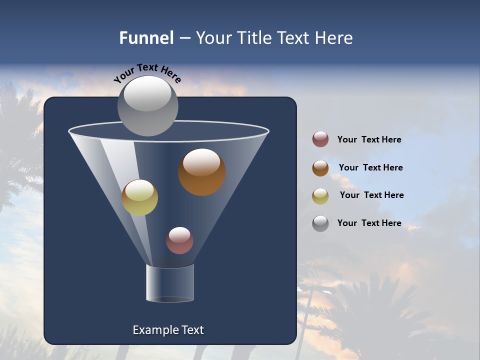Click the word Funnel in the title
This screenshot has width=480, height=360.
click(x=146, y=38)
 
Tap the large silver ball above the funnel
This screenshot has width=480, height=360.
click(x=147, y=106)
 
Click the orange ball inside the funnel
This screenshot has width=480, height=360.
click(x=202, y=172)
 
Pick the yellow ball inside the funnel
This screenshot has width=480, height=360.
click(x=140, y=197)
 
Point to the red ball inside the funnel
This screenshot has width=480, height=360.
click(x=179, y=240)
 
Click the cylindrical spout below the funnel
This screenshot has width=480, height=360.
click(x=170, y=283)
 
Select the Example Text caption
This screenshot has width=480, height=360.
click(x=168, y=330)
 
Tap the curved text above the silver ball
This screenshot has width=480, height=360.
click(x=147, y=72)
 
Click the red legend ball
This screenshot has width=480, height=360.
click(x=320, y=139)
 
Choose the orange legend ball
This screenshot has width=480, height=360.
click(x=320, y=168)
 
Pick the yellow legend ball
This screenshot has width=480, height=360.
click(x=320, y=195)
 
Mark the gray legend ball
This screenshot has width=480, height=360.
click(x=320, y=223)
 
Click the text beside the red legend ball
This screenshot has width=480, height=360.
click(x=369, y=139)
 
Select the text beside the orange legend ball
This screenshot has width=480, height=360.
click(x=370, y=167)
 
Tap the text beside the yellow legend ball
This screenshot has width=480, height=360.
click(x=371, y=195)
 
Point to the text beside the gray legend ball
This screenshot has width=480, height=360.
click(x=369, y=223)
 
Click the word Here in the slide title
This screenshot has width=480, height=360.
click(x=334, y=38)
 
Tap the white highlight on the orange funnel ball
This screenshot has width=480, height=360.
click(x=201, y=162)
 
